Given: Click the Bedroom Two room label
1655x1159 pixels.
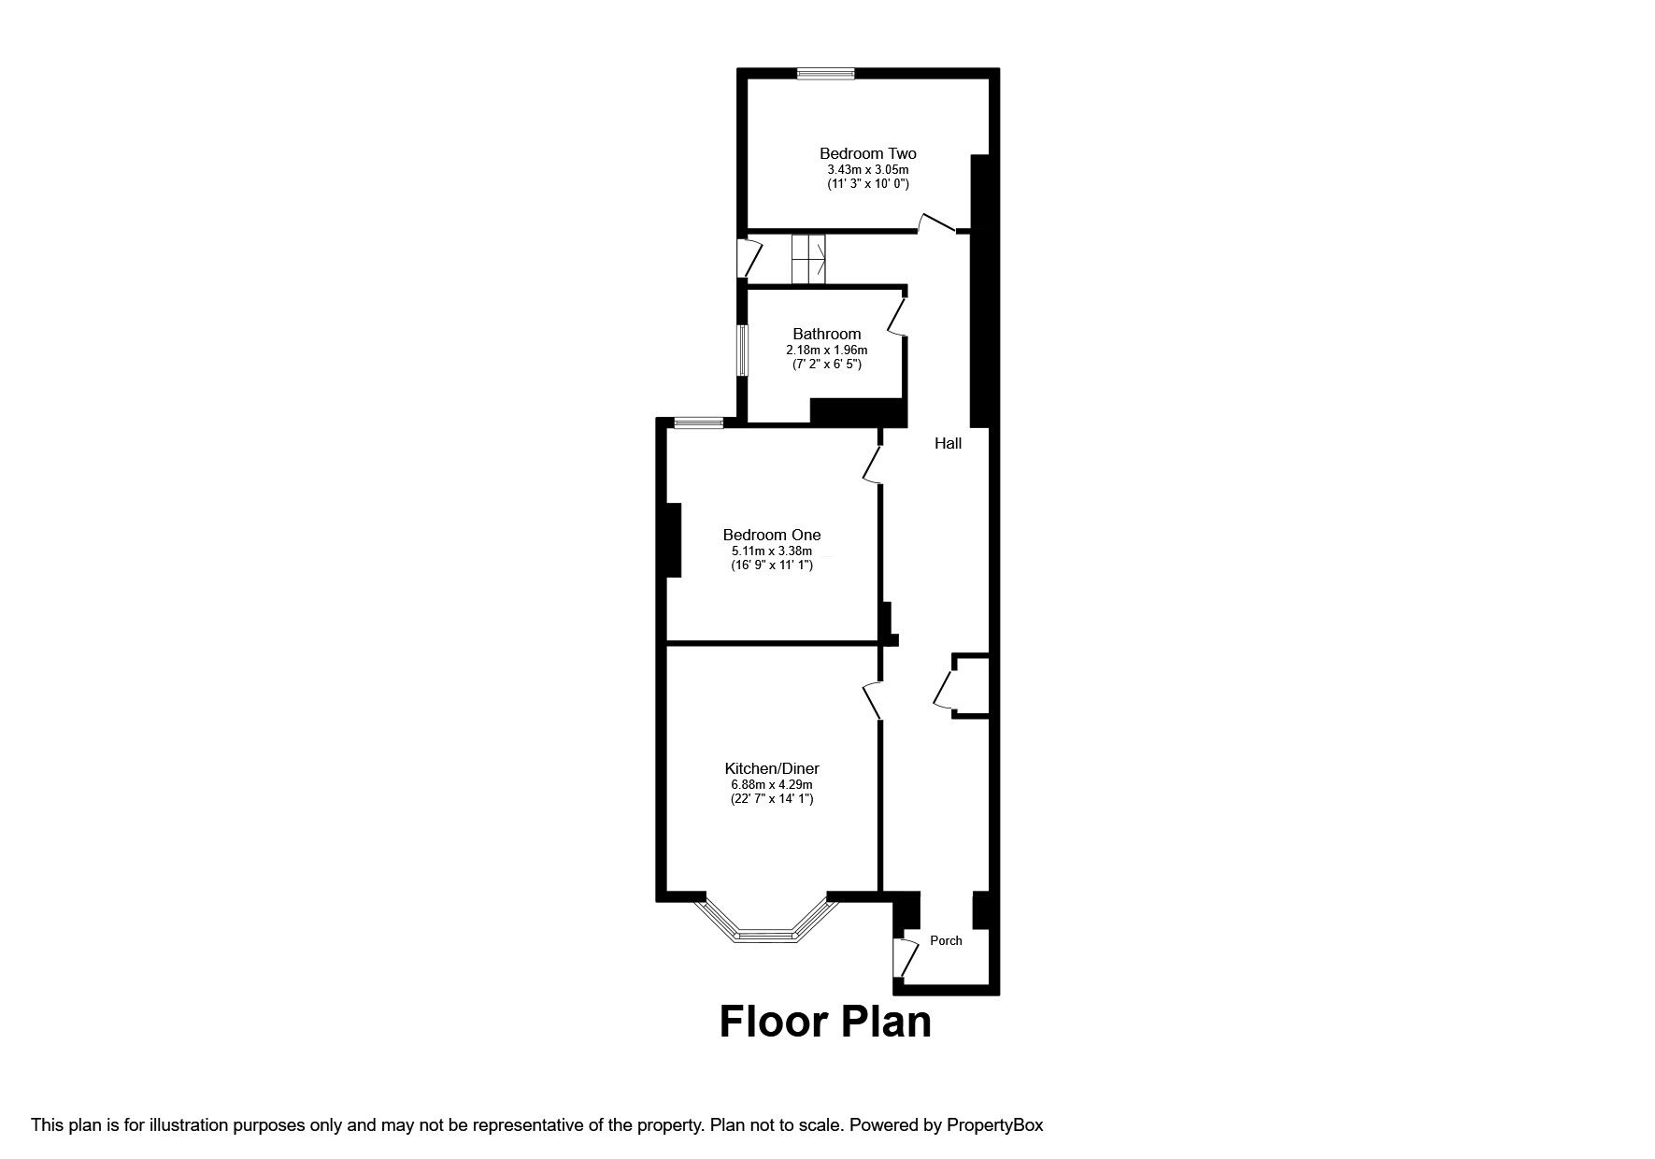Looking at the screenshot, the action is click(867, 153).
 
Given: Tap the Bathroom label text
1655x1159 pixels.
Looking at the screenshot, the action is click(826, 334).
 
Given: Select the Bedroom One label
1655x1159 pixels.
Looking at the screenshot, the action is click(772, 535).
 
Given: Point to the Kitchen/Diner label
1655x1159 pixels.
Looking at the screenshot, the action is click(772, 768).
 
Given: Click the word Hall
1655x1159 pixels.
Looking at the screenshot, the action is click(948, 443).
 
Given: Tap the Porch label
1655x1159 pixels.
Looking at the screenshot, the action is click(946, 940).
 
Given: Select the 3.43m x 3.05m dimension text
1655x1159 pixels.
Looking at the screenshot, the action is click(867, 169).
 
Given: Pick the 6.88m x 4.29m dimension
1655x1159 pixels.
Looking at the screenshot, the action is click(772, 784).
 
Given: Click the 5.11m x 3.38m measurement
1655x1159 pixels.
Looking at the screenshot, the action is click(772, 551).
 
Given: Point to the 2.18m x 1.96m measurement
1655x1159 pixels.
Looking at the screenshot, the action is click(826, 350).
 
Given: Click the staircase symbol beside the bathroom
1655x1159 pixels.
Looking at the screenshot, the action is click(809, 260).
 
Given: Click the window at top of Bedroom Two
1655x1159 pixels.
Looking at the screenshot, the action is click(825, 73).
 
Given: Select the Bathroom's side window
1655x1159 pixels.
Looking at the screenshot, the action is click(742, 350).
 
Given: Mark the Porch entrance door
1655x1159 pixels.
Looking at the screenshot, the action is click(905, 959).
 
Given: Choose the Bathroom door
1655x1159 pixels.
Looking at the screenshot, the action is click(896, 316).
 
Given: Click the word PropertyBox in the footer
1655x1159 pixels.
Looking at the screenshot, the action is click(994, 1125).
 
